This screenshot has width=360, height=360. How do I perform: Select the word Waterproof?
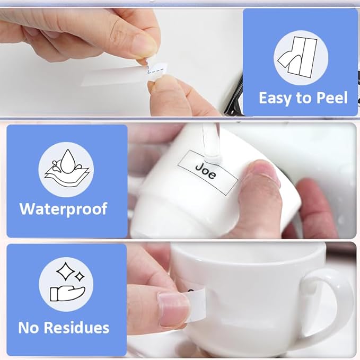64,209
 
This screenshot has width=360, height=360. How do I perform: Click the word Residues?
77,327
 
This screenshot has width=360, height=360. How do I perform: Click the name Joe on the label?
206,171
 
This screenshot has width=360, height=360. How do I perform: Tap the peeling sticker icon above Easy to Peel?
297,57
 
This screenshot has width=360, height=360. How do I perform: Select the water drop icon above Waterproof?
67,169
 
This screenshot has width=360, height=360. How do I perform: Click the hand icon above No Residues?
67,293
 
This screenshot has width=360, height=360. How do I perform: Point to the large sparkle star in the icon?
65,271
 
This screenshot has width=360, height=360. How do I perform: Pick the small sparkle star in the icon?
80,276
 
